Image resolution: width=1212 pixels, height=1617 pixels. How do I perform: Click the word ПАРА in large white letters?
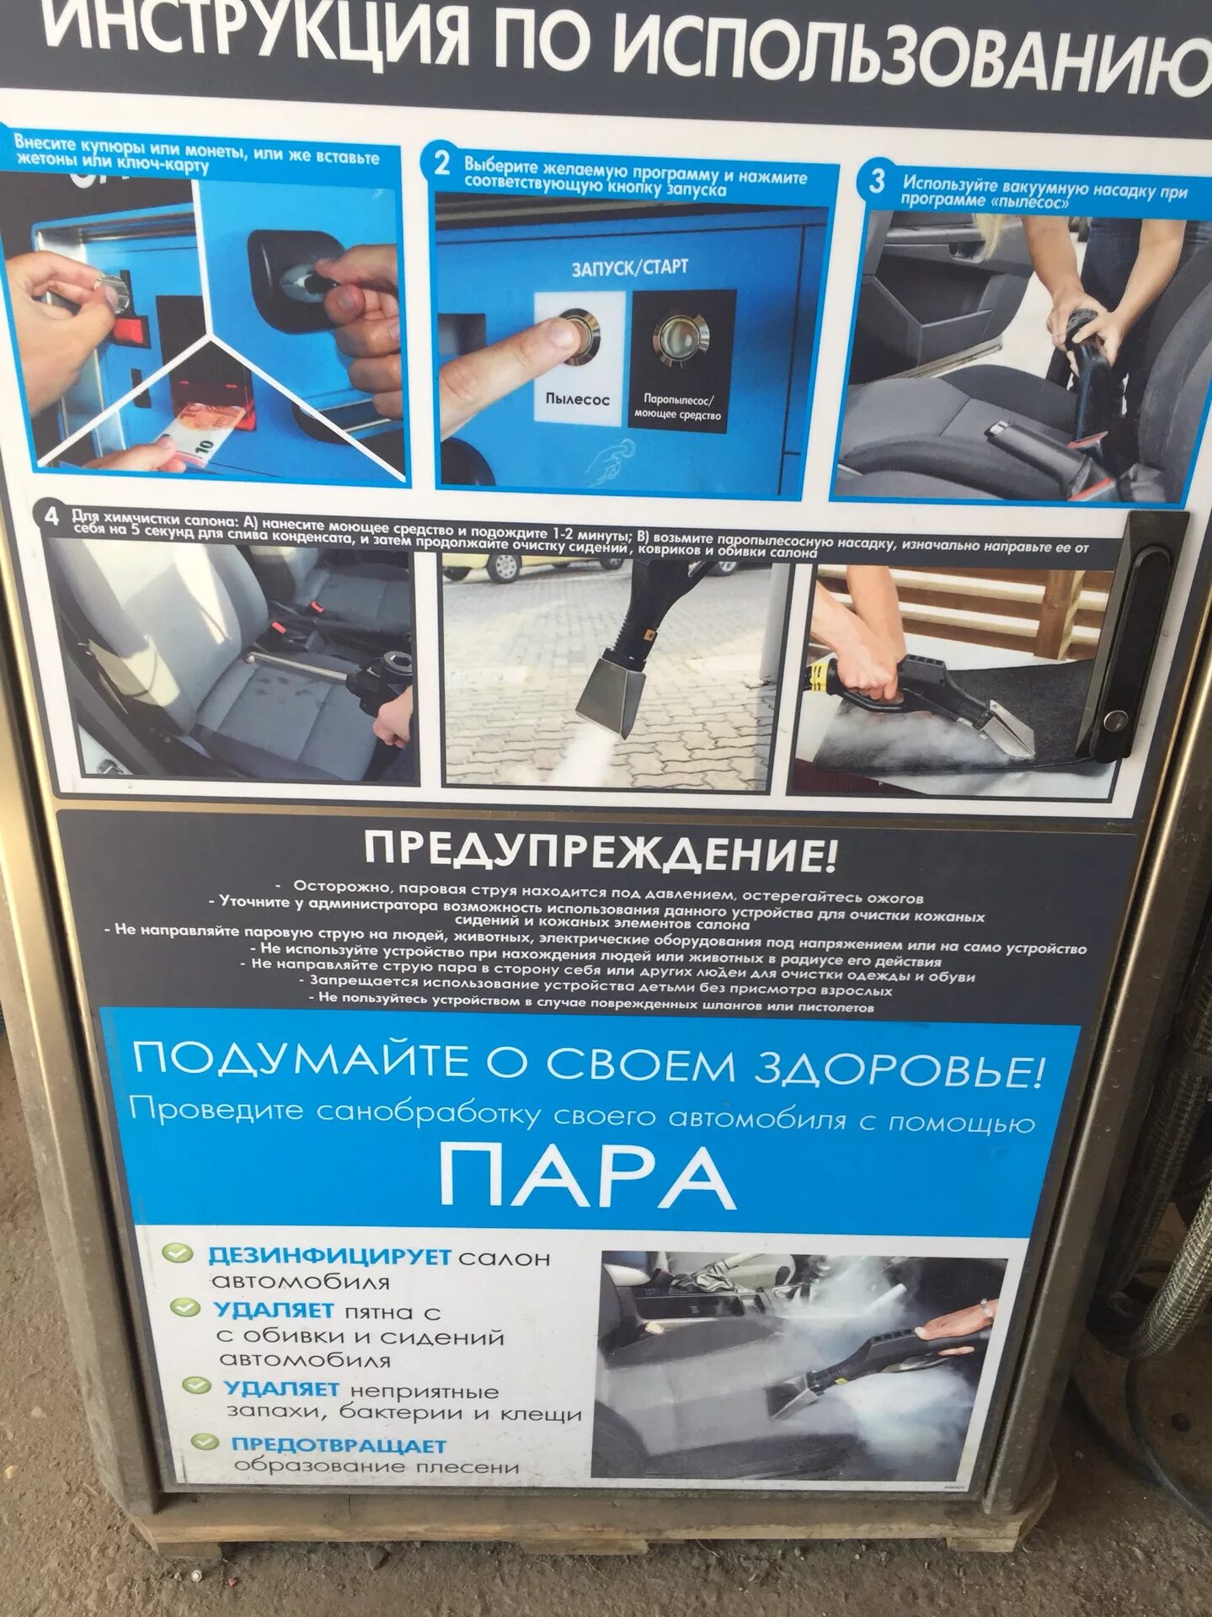pyautogui.click(x=587, y=1178)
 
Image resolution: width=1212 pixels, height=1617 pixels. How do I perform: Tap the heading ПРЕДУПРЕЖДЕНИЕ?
pyautogui.click(x=600, y=851)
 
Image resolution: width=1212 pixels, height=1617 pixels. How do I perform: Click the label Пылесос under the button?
pyautogui.click(x=576, y=399)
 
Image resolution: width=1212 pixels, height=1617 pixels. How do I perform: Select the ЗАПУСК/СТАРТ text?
pyautogui.click(x=629, y=269)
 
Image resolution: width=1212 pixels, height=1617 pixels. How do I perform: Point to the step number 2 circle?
pyautogui.click(x=442, y=164)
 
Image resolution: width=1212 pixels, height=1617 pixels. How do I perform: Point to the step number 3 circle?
pyautogui.click(x=877, y=181)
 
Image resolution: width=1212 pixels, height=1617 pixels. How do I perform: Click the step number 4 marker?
pyautogui.click(x=51, y=516)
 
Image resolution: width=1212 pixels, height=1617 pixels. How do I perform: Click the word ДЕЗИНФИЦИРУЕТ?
pyautogui.click(x=329, y=1257)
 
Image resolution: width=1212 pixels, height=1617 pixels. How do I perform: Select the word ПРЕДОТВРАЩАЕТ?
pyautogui.click(x=339, y=1445)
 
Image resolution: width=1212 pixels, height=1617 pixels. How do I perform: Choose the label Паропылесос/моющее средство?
pyautogui.click(x=677, y=407)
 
